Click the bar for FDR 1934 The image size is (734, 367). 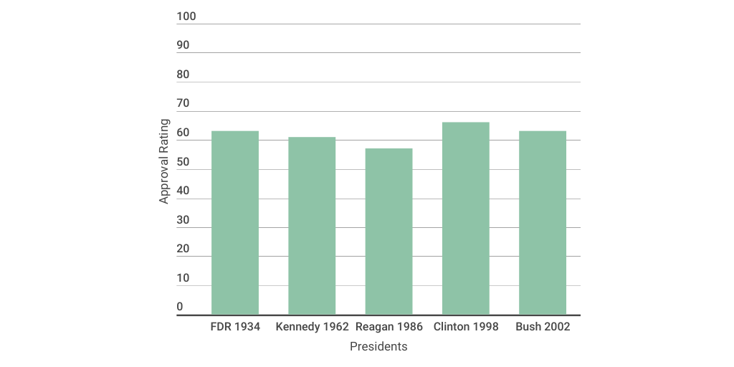tap(235, 223)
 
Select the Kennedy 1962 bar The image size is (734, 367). tap(312, 226)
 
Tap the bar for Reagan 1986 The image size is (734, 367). tap(389, 232)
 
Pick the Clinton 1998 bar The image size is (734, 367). tap(466, 219)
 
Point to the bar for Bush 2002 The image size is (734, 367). tap(543, 223)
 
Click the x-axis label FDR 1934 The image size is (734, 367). tap(235, 327)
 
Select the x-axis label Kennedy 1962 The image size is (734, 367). tap(312, 327)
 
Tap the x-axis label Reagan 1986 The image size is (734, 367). tap(389, 327)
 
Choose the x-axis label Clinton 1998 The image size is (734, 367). tap(466, 327)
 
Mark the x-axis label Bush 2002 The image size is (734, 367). tap(543, 327)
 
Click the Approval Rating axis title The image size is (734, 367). tap(164, 161)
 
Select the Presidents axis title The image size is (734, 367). tap(378, 347)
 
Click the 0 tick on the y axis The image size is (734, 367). tap(180, 307)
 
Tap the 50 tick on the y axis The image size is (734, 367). tap(183, 162)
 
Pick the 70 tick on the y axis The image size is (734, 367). tap(183, 104)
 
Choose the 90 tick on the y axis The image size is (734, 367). tap(183, 45)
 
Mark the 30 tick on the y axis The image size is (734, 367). tap(183, 220)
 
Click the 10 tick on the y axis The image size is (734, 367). tap(183, 278)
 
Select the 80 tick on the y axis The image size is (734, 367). tap(183, 75)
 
